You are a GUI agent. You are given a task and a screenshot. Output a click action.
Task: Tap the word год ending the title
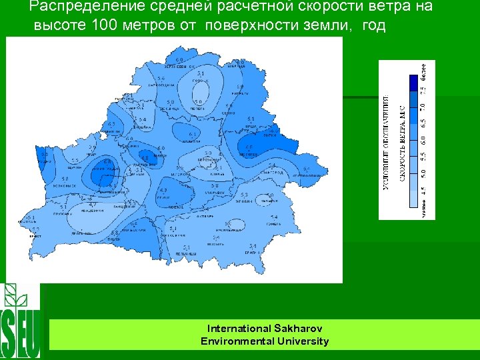[x=373, y=26]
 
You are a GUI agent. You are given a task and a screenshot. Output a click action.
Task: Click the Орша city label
[x=251, y=126]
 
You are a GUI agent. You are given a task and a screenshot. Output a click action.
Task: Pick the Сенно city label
[x=229, y=113]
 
